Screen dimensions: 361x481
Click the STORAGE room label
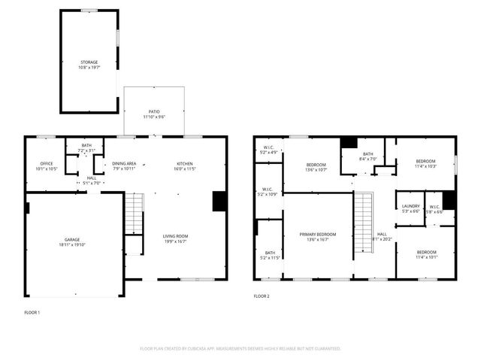point(89,62)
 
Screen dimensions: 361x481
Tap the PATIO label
point(153,111)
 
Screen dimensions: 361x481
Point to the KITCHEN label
point(185,163)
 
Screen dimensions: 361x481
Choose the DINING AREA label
point(124,163)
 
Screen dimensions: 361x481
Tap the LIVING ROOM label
point(175,236)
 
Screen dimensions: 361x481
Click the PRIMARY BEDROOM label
point(317,235)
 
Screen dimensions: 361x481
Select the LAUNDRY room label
point(410,206)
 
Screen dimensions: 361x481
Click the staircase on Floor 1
point(133,214)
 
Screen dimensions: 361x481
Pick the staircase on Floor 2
point(364,214)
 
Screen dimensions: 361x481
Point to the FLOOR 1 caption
point(32,311)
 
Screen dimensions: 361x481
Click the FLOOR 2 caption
point(262,296)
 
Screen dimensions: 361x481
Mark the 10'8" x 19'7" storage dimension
point(89,67)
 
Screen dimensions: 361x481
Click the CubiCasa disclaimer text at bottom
point(240,348)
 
